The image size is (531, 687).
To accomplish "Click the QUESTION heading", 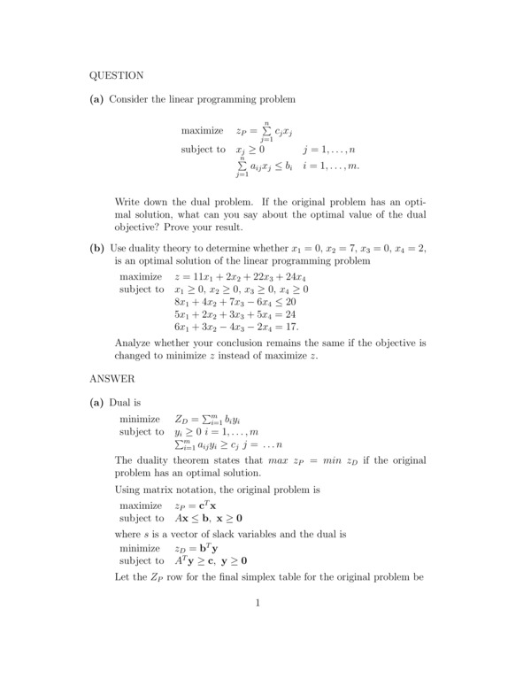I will coord(117,75).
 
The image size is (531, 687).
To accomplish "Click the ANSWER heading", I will coord(112,379).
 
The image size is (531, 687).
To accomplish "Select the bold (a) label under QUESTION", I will coord(97,99).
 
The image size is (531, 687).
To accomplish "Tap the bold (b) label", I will coord(97,249).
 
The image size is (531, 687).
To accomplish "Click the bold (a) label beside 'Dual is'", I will coord(97,403).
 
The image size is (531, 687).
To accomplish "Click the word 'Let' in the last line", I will coord(123,577).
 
